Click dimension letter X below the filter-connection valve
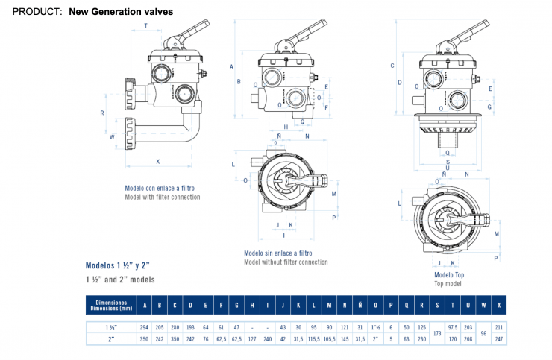[x=158, y=161]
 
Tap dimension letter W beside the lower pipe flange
[x=113, y=137]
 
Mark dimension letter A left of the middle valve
[x=232, y=66]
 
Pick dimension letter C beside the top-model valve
[x=392, y=66]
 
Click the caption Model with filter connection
[x=163, y=197]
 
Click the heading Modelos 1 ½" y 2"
[x=118, y=265]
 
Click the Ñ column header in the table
[x=360, y=304]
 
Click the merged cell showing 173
[x=436, y=332]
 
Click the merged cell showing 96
[x=484, y=332]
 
